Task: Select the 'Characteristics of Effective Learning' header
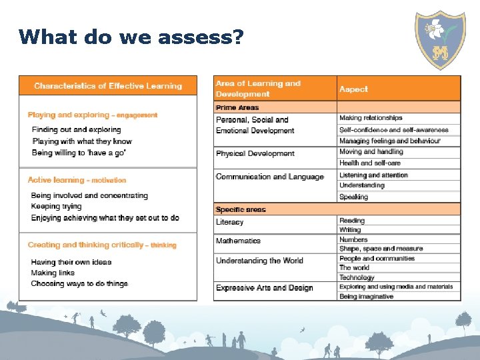point(108,86)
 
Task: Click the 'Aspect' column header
point(353,89)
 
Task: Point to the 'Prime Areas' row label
point(237,107)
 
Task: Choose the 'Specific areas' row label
point(241,209)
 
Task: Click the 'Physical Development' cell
point(255,154)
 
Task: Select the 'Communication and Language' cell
point(269,177)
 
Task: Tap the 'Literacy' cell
point(229,222)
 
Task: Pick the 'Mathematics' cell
point(238,241)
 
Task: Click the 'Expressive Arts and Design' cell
point(264,288)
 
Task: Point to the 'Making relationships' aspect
point(371,118)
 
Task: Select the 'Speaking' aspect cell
point(353,197)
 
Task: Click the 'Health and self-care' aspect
point(370,163)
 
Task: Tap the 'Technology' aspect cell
point(357,277)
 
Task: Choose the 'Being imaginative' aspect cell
point(366,297)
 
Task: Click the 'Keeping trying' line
point(56,207)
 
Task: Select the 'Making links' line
point(53,273)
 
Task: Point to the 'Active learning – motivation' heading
point(77,180)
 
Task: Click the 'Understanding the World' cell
point(259,261)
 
